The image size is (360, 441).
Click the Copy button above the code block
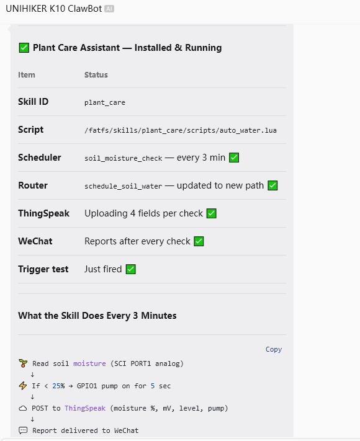[x=274, y=349]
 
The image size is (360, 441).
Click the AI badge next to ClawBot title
[x=109, y=9]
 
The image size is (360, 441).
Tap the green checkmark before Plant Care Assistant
[x=24, y=48]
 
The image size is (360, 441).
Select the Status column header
[x=96, y=75]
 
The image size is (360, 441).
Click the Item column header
[x=27, y=75]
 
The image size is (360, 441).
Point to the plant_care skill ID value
[x=105, y=103]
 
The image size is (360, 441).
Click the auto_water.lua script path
[x=181, y=130]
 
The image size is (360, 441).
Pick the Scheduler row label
[x=39, y=158]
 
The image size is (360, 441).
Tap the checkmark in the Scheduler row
[x=234, y=158]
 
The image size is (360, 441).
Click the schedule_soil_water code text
[x=124, y=186]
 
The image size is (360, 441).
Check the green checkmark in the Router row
[x=272, y=185]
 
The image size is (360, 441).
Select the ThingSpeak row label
[x=43, y=213]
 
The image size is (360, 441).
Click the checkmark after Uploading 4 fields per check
[x=212, y=213]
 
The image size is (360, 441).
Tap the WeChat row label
[x=35, y=241]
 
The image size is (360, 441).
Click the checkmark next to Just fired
[x=130, y=269]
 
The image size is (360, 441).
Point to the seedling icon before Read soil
[x=23, y=363]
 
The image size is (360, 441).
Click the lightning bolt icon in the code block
[x=23, y=386]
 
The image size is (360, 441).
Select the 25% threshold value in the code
[x=58, y=386]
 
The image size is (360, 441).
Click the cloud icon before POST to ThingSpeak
[x=23, y=408]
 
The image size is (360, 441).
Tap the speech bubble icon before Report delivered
[x=23, y=430]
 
